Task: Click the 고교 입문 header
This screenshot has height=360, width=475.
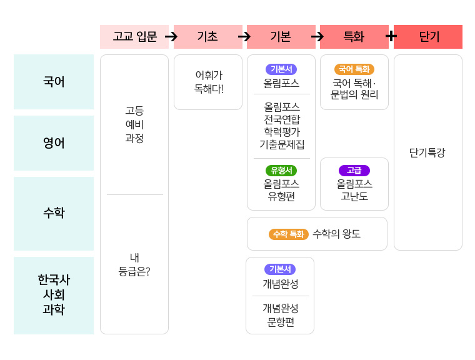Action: (134, 37)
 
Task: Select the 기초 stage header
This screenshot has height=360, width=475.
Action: (207, 37)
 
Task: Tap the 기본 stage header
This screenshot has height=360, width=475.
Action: (281, 37)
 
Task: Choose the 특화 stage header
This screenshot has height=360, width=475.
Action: (354, 37)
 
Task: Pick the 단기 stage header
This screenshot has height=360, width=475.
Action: (428, 37)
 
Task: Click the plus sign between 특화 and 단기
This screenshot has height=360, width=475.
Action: (391, 36)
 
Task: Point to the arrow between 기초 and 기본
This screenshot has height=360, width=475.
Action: (244, 37)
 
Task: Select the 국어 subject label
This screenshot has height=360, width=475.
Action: (54, 82)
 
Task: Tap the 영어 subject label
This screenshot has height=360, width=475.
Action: (54, 143)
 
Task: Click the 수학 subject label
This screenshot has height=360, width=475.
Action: (54, 213)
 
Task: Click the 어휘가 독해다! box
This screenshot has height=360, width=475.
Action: (208, 82)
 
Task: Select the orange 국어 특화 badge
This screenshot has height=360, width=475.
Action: (354, 69)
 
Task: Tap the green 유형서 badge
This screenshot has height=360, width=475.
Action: (281, 170)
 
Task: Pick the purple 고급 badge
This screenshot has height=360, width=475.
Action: (354, 170)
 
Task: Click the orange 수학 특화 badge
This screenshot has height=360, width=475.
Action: (288, 234)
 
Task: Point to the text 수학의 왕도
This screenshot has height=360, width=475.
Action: (336, 234)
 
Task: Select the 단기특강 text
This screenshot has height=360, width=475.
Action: (427, 152)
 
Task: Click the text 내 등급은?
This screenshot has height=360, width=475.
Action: (134, 264)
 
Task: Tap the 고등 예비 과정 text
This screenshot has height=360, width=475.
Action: (134, 124)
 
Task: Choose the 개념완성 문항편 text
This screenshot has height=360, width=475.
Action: (281, 315)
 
